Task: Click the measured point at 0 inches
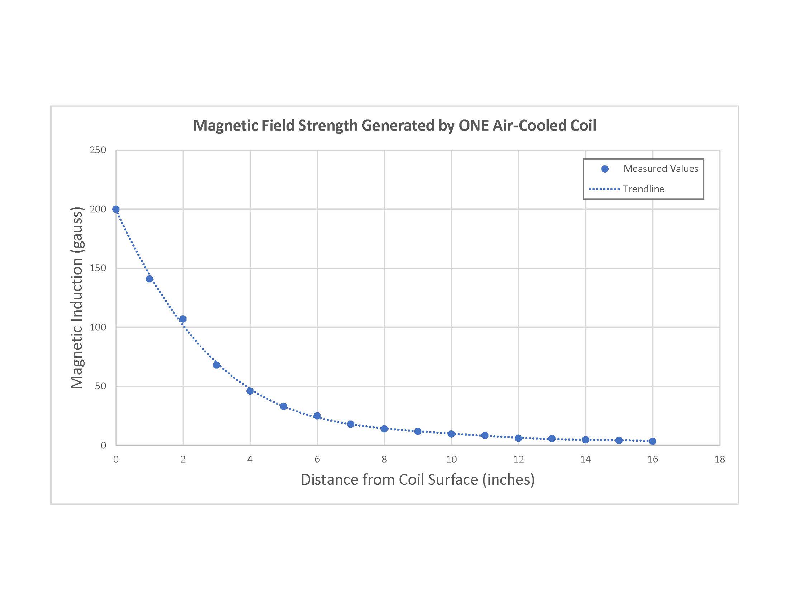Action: (116, 209)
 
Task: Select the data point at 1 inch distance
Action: (150, 278)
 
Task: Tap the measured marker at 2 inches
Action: (183, 319)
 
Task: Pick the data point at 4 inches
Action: (250, 391)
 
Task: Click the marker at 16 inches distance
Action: (652, 441)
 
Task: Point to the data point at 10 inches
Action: (451, 434)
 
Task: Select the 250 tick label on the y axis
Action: (98, 150)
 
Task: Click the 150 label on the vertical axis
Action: (98, 268)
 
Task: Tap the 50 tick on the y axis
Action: (100, 386)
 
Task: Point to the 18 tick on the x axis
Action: (720, 459)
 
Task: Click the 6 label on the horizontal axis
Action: (317, 459)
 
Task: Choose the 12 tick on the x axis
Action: (519, 459)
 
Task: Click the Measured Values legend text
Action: (660, 169)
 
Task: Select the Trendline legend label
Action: (643, 189)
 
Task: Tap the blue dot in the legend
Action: (605, 169)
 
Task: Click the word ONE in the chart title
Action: (474, 126)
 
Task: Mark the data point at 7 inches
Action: (350, 424)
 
